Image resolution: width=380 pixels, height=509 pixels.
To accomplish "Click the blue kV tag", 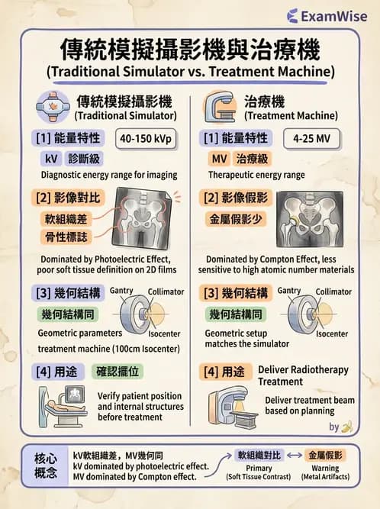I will pos(50,159).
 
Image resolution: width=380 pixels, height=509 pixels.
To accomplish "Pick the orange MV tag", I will pos(218,159).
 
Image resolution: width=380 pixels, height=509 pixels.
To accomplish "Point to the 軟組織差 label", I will pos(66,219).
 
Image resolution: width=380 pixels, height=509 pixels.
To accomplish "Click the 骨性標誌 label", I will pos(66,238).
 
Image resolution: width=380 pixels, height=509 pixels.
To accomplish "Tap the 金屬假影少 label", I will pos(236,219).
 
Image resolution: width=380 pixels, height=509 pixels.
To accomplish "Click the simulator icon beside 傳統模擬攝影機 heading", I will pos(53,106).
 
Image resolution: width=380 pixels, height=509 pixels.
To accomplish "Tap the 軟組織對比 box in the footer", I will pos(259,455).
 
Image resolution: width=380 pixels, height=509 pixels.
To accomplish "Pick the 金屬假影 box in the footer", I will pos(325,455).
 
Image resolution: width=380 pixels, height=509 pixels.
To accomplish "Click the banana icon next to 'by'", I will pos(346,427).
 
